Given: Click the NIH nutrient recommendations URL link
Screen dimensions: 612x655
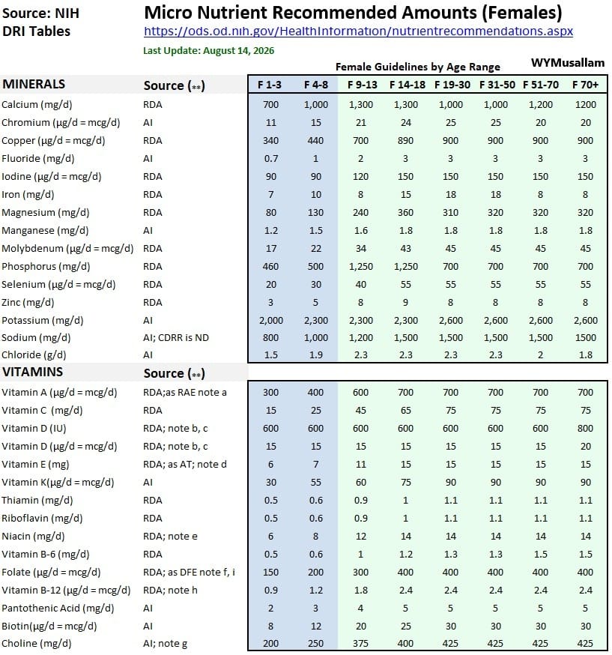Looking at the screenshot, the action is click(x=358, y=31).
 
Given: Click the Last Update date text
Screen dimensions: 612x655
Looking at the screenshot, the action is click(x=209, y=51).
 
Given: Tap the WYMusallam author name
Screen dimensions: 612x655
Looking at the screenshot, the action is click(x=568, y=63).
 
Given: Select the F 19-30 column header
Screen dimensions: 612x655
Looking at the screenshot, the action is click(x=452, y=85).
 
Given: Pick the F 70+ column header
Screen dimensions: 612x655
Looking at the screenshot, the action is click(x=585, y=85).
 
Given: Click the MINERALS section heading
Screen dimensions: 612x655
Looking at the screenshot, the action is click(x=34, y=84).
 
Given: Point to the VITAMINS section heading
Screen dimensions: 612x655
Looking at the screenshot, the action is click(x=32, y=372).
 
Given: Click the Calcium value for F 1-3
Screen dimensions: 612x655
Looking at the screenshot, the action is click(x=270, y=104).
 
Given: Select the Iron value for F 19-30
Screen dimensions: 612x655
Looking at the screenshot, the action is click(x=450, y=194).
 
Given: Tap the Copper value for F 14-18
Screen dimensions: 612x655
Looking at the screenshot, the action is click(x=405, y=140).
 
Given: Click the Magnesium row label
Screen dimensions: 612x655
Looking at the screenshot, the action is click(x=46, y=213).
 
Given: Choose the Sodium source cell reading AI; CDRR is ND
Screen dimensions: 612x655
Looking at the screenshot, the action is click(x=176, y=337).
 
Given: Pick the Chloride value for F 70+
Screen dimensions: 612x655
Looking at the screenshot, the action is click(x=585, y=354).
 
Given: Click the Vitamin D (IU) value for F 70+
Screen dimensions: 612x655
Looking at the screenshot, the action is click(x=585, y=428).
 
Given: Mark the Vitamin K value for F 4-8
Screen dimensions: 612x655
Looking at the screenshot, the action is click(x=315, y=482).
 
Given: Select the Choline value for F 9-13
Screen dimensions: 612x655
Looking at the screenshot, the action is click(x=361, y=643).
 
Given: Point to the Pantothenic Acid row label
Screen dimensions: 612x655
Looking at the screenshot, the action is click(x=58, y=609).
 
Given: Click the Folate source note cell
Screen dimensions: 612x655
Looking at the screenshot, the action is click(x=189, y=573).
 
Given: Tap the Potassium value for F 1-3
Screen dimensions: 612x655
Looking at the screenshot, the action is click(x=270, y=321).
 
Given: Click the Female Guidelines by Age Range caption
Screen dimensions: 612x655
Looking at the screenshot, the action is click(x=418, y=67).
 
